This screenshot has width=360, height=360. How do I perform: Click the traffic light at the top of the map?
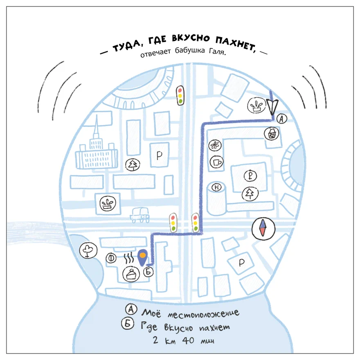(x=180, y=95)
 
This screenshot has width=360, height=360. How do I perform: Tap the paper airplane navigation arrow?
(x=272, y=106)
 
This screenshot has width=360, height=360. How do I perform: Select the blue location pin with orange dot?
(x=143, y=258)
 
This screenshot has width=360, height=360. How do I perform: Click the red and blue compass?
(x=263, y=229)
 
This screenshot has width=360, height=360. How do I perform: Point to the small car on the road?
(x=140, y=215)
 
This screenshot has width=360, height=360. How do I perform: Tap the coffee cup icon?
(x=216, y=162)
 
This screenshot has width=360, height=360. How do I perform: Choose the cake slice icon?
(x=131, y=274)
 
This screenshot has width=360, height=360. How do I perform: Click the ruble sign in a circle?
(x=250, y=176)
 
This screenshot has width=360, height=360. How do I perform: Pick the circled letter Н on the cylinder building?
(x=216, y=187)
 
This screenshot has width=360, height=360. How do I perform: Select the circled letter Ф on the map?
(x=111, y=258)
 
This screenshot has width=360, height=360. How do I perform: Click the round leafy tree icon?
(x=88, y=250)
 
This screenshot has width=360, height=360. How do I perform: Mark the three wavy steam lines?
(x=129, y=258)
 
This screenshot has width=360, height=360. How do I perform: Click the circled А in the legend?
(x=131, y=309)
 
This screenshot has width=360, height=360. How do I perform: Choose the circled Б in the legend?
(x=128, y=324)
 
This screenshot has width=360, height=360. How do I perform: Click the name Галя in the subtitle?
(x=217, y=51)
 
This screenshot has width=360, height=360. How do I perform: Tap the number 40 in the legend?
(x=188, y=340)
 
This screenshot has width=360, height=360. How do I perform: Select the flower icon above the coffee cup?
(x=215, y=145)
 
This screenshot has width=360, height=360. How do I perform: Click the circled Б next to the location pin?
(x=148, y=272)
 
